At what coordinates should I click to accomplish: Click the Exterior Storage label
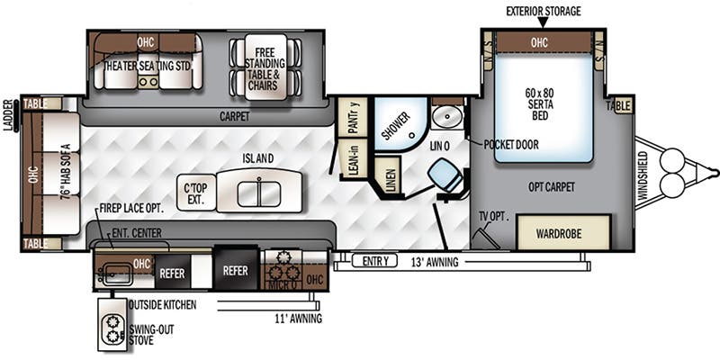(544, 11)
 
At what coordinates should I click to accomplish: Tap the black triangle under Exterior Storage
(544, 22)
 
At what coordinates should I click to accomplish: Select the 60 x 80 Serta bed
(544, 107)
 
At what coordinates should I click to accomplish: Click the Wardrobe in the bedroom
(563, 232)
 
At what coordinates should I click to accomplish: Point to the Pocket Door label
(511, 144)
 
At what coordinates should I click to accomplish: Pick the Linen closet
(386, 174)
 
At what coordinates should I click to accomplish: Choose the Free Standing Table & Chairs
(265, 67)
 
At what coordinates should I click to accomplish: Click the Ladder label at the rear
(9, 116)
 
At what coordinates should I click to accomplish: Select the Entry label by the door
(373, 262)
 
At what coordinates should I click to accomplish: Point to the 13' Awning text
(436, 263)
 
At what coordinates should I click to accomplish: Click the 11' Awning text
(299, 318)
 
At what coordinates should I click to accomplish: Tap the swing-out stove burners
(112, 328)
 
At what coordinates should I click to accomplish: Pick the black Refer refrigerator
(236, 271)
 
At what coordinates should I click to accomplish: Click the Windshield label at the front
(643, 175)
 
